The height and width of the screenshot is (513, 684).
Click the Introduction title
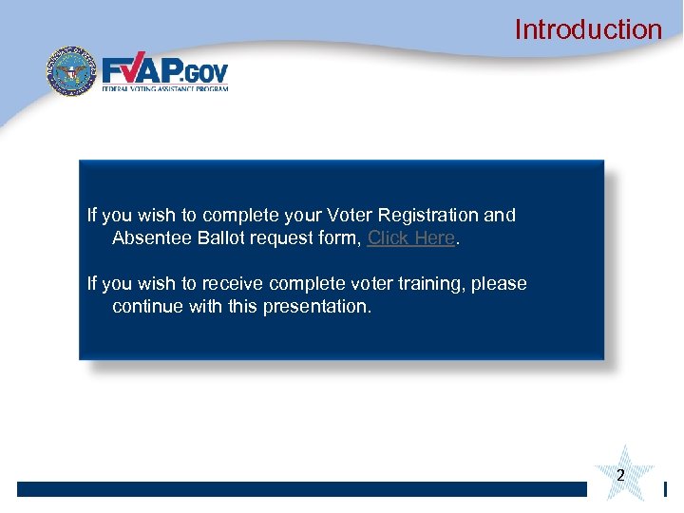(588, 29)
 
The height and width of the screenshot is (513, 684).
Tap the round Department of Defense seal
(72, 72)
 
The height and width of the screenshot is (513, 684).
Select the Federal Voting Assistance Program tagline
(165, 88)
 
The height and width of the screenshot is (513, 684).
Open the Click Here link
(410, 238)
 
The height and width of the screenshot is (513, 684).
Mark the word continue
(147, 307)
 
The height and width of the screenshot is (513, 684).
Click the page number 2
(620, 475)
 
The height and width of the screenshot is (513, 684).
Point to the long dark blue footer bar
(302, 489)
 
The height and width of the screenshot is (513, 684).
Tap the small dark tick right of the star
(665, 489)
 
